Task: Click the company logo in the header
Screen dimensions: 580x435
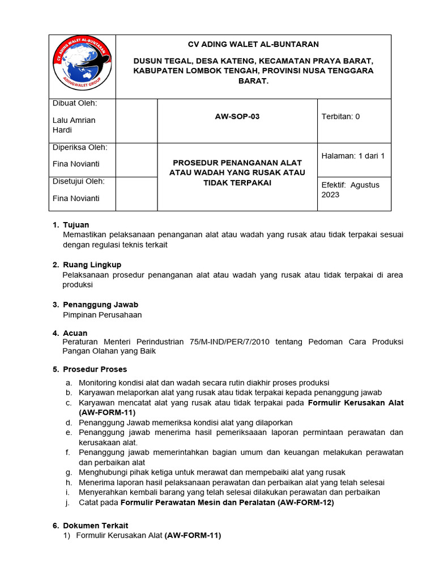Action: pos(82,66)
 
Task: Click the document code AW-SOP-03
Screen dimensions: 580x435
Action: pos(237,117)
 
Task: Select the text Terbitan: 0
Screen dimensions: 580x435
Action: pos(340,117)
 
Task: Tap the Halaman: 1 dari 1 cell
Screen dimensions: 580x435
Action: pos(353,156)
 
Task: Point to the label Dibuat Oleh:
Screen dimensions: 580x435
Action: pos(75,103)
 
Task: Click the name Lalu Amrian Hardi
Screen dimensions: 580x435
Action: pos(74,125)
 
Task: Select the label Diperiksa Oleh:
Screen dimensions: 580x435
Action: pos(79,147)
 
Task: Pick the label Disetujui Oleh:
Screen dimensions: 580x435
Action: pos(78,181)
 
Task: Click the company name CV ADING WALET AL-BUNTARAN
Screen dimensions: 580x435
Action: pos(253,44)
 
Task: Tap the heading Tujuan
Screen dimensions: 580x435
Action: pos(76,225)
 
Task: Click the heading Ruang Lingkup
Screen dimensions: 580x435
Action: pos(92,265)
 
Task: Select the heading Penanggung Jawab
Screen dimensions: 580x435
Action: pos(100,305)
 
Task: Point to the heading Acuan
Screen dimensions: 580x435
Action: pos(75,333)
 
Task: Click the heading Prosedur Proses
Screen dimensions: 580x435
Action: pos(95,369)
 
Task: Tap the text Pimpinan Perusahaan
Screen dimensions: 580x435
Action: pos(102,315)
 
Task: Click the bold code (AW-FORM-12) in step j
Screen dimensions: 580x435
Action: pos(306,502)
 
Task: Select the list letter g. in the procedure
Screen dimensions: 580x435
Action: pos(68,472)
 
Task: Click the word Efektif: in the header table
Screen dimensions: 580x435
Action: pos(333,185)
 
